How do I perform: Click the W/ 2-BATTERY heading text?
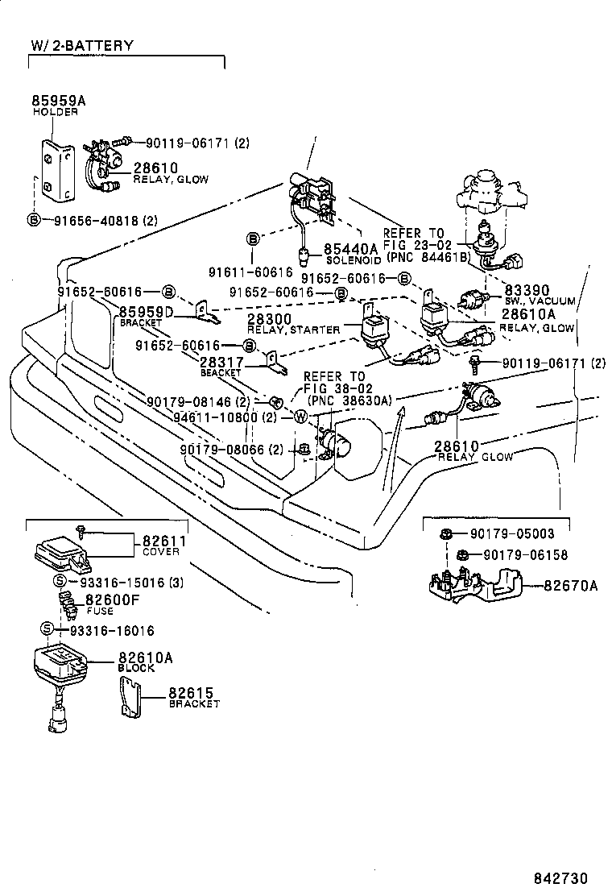[x=82, y=46]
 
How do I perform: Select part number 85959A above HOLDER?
[x=58, y=101]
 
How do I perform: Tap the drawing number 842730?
[x=561, y=877]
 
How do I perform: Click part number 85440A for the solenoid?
[x=350, y=249]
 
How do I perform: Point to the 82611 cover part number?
[x=165, y=541]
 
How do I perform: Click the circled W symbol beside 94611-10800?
[x=300, y=417]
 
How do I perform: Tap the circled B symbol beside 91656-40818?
[x=34, y=220]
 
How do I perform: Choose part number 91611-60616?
[x=251, y=273]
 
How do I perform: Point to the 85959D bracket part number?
[x=147, y=312]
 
